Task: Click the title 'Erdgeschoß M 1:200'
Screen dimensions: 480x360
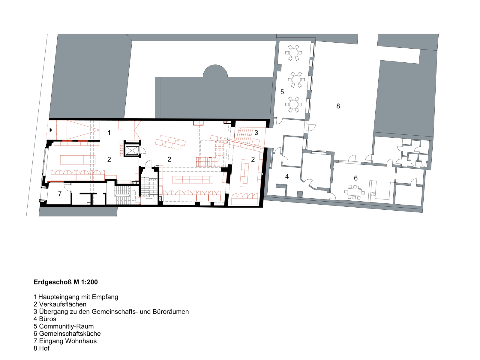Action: pos(66,282)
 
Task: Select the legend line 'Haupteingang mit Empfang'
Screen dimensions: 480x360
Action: pos(78,297)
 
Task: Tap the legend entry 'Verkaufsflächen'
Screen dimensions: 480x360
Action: pos(63,304)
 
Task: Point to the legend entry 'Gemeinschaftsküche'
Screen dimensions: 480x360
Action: pos(70,334)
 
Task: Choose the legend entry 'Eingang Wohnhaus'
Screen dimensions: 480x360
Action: pos(68,341)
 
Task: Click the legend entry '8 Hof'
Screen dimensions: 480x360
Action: pos(41,348)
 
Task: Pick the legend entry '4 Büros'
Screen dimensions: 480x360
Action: pos(45,319)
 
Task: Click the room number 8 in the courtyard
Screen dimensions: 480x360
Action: pos(338,106)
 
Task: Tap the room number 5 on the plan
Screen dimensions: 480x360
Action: pos(282,92)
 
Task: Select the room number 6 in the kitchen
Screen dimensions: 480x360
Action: pos(356,178)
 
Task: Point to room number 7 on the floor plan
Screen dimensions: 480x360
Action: pos(60,194)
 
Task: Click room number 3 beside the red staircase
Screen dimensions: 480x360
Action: pos(256,133)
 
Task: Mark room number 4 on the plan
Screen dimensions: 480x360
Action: pos(287,176)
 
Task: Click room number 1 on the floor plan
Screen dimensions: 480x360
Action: pos(109,133)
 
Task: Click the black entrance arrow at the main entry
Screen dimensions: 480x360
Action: pos(51,130)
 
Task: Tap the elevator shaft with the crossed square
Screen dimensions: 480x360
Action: pos(132,151)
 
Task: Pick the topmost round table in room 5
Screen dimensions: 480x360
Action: pos(293,53)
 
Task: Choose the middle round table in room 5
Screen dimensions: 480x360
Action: pos(296,80)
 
